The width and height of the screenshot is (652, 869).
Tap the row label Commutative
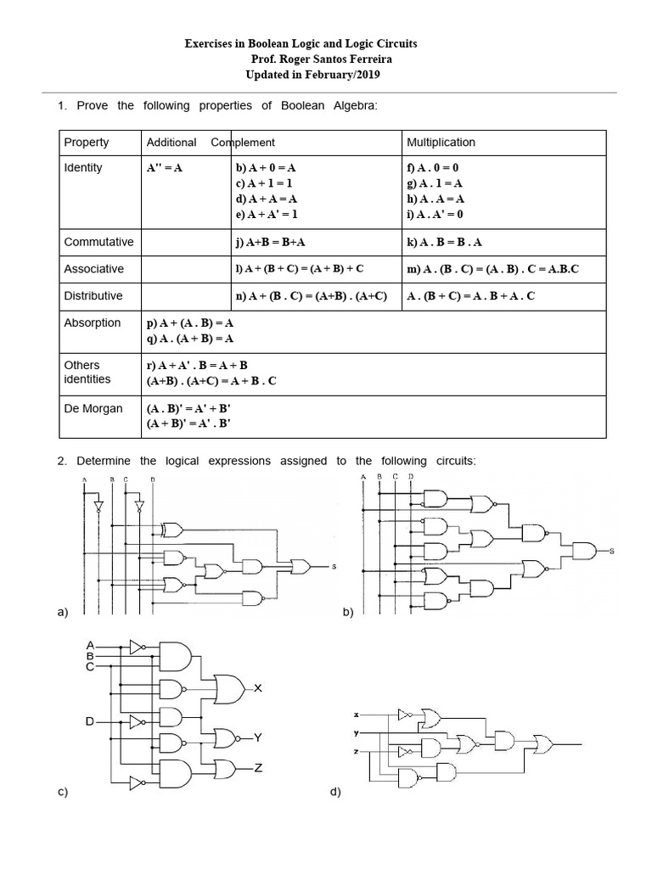point(98,242)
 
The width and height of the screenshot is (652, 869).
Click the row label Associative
point(94,268)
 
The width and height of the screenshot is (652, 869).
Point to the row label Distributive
point(93,295)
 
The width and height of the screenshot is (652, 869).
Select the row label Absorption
point(93,322)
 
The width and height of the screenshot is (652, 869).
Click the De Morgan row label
point(93,408)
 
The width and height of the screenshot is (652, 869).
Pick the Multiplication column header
point(441,142)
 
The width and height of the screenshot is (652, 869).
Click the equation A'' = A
point(165,168)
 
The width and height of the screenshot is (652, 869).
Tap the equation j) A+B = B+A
point(270,242)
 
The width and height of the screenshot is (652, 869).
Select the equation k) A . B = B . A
point(445,242)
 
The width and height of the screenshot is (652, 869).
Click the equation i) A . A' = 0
point(436,214)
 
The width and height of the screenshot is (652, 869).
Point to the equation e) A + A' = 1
point(267,214)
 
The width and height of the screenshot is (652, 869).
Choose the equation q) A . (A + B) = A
point(190,338)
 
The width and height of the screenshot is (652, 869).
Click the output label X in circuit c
point(258,688)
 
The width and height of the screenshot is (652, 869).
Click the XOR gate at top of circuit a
point(171,530)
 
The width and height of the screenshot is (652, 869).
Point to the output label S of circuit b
point(611,551)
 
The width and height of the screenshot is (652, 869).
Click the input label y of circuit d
point(357,732)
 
